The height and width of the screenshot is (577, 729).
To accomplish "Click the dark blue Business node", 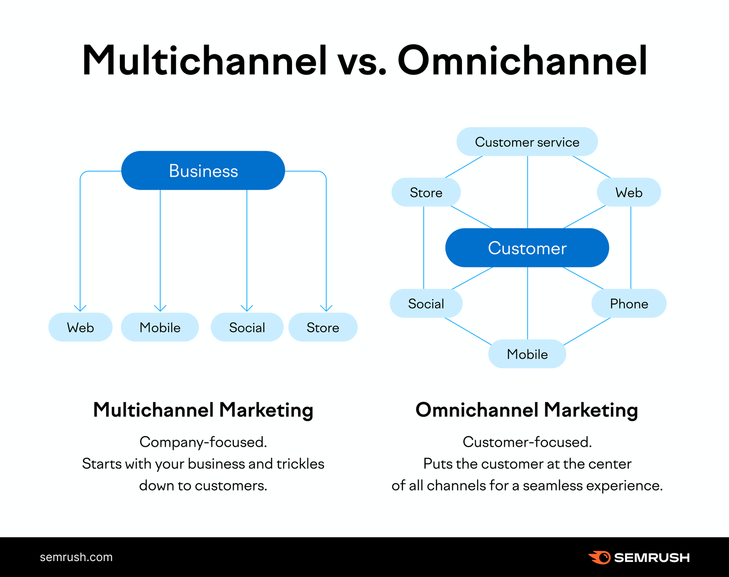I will click(x=203, y=170).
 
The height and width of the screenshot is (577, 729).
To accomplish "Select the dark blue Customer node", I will click(x=527, y=248).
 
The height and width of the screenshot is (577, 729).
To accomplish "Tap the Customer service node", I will click(x=527, y=142).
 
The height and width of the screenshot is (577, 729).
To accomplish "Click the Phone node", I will click(x=629, y=304).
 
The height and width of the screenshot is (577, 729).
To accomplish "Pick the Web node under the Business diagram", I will click(x=80, y=327).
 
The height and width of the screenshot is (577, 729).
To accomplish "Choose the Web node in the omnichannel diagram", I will click(x=629, y=192).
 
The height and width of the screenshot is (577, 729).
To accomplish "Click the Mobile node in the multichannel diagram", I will click(x=160, y=327).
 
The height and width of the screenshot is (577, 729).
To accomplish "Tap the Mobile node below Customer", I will click(x=527, y=354).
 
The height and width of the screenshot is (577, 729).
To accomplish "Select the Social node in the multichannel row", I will click(x=247, y=327).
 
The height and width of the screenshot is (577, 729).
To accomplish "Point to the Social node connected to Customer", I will click(x=426, y=304).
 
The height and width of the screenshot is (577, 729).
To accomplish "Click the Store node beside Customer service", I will click(x=426, y=192).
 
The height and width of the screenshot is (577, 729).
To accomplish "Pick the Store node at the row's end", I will click(x=323, y=327).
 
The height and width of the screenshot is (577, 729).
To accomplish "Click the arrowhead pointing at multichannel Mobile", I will click(x=160, y=309).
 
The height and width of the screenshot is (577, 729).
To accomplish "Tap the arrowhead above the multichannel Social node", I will click(x=247, y=309).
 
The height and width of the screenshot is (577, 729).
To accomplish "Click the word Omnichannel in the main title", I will click(x=522, y=61).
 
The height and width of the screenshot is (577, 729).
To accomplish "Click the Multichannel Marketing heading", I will click(x=203, y=410).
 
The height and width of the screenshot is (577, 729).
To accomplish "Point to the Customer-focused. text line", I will click(x=527, y=442).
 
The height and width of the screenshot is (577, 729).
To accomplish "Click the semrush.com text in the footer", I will click(x=76, y=557).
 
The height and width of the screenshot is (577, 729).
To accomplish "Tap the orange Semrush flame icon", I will click(x=599, y=557).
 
